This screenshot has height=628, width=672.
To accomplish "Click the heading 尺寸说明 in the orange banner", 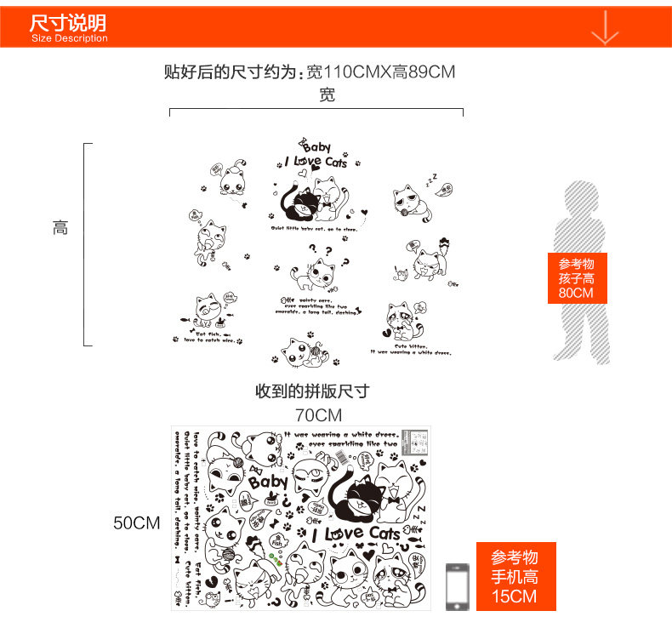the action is pyautogui.click(x=68, y=22).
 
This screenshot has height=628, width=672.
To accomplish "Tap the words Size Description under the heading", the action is pyautogui.click(x=70, y=38).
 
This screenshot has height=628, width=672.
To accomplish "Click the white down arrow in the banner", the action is pyautogui.click(x=605, y=27).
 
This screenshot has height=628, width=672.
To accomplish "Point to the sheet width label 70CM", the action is pyautogui.click(x=318, y=415).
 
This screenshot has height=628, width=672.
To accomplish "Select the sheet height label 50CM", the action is pyautogui.click(x=137, y=522).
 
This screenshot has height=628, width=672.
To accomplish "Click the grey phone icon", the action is pyautogui.click(x=458, y=585).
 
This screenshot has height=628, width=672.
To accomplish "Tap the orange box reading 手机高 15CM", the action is pyautogui.click(x=515, y=577).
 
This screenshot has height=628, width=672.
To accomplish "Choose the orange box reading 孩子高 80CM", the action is pyautogui.click(x=576, y=278).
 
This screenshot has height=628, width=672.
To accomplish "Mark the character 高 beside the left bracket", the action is pyautogui.click(x=60, y=228).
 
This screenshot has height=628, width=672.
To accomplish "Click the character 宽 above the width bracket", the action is pyautogui.click(x=327, y=95).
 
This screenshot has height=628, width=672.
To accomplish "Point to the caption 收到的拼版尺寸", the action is pyautogui.click(x=312, y=391).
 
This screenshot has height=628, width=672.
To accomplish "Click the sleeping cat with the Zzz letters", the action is pyautogui.click(x=413, y=203).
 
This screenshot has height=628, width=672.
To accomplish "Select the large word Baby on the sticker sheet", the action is pyautogui.click(x=269, y=483).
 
